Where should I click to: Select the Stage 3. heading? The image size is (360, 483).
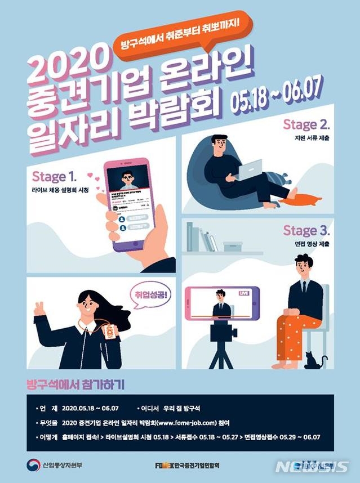coord(306,230)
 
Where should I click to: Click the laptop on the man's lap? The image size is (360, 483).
coord(248,169)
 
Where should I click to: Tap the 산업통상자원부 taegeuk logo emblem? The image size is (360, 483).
coord(33,465)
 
